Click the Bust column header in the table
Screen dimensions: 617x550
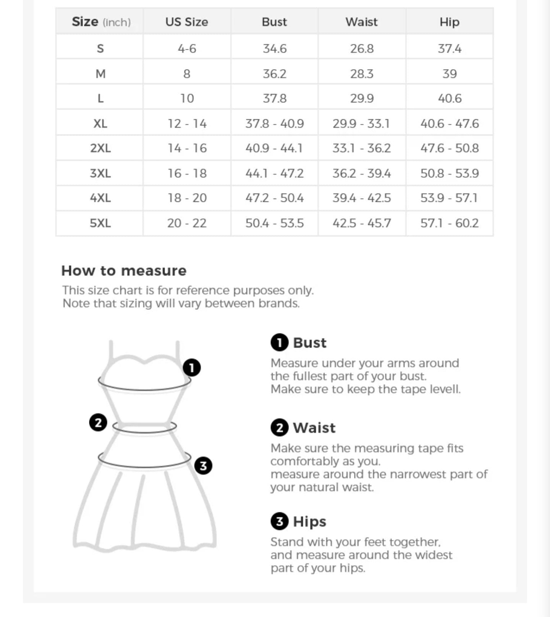[x=274, y=22]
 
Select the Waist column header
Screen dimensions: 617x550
[x=362, y=22]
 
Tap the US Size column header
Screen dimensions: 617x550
[x=187, y=22]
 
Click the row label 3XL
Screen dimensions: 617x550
[x=100, y=173]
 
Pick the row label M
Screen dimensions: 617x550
[x=100, y=73]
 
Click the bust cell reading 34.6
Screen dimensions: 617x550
[x=274, y=49]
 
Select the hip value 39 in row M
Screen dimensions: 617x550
[x=450, y=73]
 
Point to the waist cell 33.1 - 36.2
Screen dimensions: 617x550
[x=362, y=148]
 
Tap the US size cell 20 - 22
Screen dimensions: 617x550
[x=187, y=223]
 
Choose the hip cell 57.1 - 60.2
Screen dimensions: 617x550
[x=450, y=223]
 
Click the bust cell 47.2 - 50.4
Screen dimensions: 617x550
[x=274, y=198]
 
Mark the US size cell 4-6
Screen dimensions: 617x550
[x=187, y=49]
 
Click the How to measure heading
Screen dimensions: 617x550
[x=124, y=271]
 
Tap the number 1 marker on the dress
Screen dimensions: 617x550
[x=192, y=368]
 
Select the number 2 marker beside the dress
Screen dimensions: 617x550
[x=98, y=422]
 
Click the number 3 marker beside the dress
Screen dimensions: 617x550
[x=203, y=466]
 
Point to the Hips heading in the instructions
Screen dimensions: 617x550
[x=309, y=521]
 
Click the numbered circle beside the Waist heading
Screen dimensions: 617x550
[x=280, y=427]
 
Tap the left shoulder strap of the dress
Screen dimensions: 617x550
[x=111, y=352]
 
